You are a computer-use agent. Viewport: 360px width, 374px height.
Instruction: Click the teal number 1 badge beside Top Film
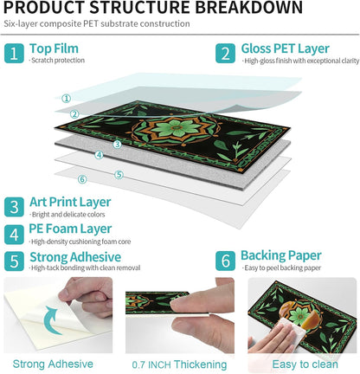click(14, 54)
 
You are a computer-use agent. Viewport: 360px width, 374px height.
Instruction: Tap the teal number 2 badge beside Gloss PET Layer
click(225, 54)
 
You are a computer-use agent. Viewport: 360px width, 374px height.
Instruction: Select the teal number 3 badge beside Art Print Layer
click(14, 207)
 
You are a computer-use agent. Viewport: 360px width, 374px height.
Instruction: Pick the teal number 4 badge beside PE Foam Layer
click(14, 235)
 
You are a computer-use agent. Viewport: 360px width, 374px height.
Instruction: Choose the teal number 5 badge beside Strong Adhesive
click(14, 261)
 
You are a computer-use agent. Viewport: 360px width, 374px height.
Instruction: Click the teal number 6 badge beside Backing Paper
click(225, 261)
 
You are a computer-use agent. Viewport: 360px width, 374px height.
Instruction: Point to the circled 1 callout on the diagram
click(67, 99)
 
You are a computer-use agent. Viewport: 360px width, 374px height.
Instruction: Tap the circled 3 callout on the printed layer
click(117, 145)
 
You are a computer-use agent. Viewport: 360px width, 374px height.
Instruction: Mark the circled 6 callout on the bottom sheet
click(82, 179)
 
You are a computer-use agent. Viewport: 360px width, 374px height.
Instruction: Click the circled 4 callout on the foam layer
click(99, 155)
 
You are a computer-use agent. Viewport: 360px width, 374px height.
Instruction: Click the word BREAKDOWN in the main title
click(249, 8)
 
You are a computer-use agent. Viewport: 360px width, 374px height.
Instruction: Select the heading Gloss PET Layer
click(285, 48)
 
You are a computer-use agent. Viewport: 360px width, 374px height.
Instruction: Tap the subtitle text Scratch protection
click(57, 61)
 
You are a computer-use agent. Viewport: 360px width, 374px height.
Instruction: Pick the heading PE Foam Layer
click(70, 229)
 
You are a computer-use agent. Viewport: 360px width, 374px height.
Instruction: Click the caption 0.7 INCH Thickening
click(179, 364)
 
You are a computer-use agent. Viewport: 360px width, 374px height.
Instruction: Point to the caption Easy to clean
click(305, 364)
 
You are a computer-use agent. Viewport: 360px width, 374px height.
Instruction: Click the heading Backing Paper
click(281, 255)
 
